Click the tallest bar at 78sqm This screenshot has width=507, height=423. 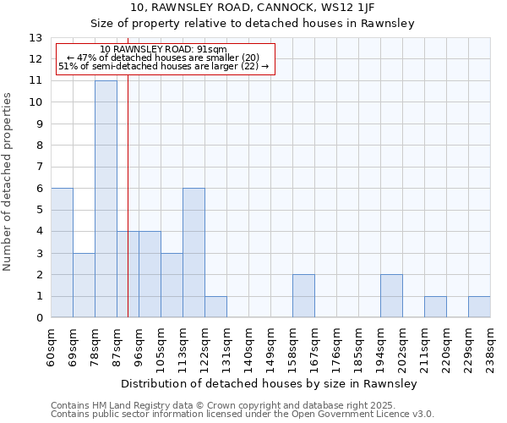click(x=106, y=199)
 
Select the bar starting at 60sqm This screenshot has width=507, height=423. click(x=62, y=253)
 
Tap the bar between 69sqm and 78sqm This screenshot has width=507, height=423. click(x=84, y=285)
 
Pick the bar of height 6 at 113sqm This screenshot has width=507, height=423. click(x=194, y=253)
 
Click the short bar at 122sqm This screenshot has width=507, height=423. click(x=215, y=307)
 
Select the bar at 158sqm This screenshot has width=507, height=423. click(x=303, y=296)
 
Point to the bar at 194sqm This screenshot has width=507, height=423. click(x=391, y=296)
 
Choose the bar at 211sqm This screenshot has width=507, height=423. click(x=435, y=307)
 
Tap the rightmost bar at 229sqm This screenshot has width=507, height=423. click(x=479, y=307)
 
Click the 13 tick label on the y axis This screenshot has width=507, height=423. click(x=36, y=38)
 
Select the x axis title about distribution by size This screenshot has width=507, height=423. click(x=270, y=384)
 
